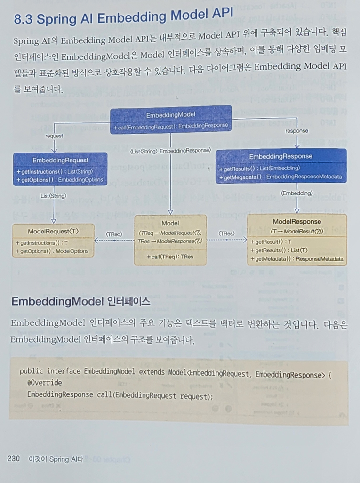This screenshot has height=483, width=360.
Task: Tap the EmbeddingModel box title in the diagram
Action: point(171,115)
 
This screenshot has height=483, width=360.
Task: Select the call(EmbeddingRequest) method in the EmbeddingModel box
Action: point(171,126)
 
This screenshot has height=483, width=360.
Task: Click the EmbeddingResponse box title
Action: point(280,156)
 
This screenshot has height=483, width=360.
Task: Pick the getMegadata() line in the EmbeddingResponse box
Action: point(281,177)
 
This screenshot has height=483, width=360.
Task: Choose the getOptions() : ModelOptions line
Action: point(52,251)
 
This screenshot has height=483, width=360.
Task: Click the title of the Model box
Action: point(170,223)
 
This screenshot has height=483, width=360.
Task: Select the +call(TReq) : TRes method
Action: point(170,257)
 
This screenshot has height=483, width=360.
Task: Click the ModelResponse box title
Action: point(296,221)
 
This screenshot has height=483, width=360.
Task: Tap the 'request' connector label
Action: point(54,136)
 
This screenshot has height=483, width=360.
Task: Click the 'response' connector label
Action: point(296,131)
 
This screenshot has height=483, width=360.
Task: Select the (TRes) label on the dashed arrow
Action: point(226,233)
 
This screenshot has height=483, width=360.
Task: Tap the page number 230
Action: point(14,459)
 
